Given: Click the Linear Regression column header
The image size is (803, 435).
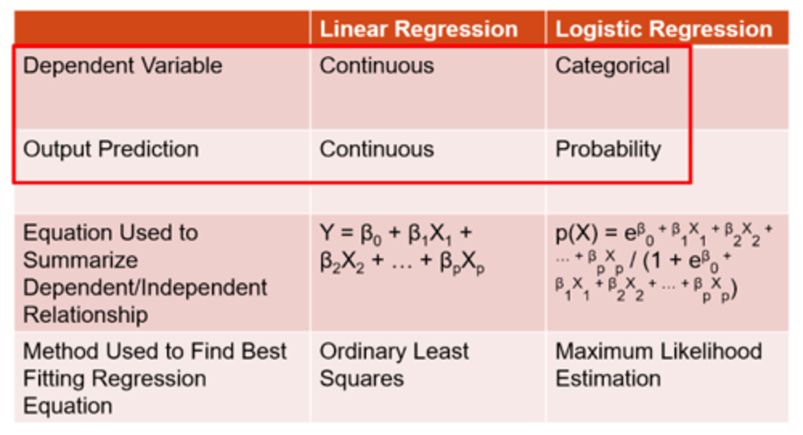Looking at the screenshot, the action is pyautogui.click(x=418, y=29).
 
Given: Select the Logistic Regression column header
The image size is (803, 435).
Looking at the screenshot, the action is pyautogui.click(x=664, y=29).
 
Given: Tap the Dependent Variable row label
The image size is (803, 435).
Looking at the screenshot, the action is pyautogui.click(x=123, y=66).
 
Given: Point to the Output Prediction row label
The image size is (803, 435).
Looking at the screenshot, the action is pyautogui.click(x=110, y=149).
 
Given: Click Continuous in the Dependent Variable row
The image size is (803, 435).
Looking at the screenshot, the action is pyautogui.click(x=376, y=66).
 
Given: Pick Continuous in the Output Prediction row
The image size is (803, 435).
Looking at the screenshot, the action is pyautogui.click(x=376, y=149).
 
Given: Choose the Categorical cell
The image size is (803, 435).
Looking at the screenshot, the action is pyautogui.click(x=612, y=66).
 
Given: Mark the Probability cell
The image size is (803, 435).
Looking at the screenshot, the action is pyautogui.click(x=608, y=149).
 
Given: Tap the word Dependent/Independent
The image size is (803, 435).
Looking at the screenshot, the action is pyautogui.click(x=145, y=288).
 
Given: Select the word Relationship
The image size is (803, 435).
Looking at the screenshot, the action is pyautogui.click(x=85, y=315).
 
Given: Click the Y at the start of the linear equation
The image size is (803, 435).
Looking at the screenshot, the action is pyautogui.click(x=326, y=233).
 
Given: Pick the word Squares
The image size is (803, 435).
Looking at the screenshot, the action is pyautogui.click(x=361, y=379).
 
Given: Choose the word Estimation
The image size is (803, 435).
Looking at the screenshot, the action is pyautogui.click(x=608, y=379).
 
